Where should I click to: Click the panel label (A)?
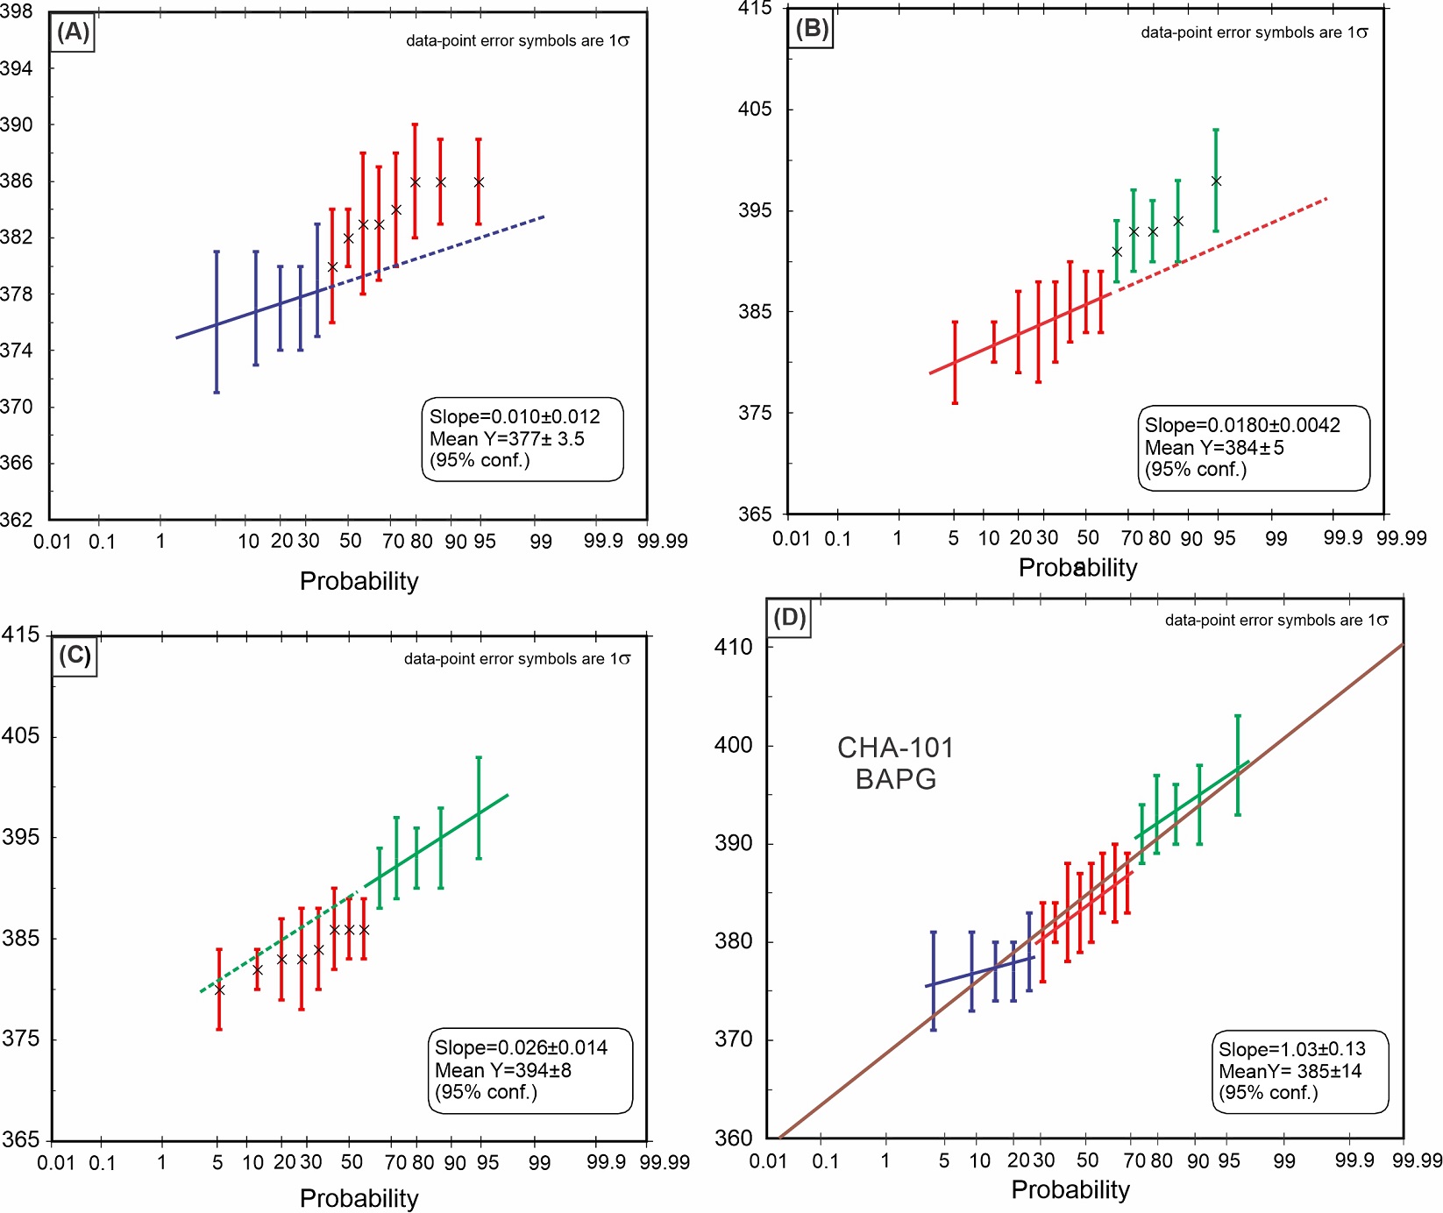pos(74,32)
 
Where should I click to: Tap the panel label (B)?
pos(812,29)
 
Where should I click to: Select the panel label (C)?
pos(75,656)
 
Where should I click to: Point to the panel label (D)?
pos(789,618)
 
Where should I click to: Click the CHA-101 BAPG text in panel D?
pos(895,763)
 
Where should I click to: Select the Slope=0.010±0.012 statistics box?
pos(522,439)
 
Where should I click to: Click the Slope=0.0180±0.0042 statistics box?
pos(1253,447)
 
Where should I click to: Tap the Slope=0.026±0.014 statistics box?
pos(530,1070)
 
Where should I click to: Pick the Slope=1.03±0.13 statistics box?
pos(1300,1071)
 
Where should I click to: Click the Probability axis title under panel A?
pos(359,581)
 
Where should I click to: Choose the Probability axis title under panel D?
pos(1070,1189)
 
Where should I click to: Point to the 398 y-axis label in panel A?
pos(17,12)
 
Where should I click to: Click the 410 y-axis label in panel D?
pos(733,647)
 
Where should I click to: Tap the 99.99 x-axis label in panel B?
pos(1401,538)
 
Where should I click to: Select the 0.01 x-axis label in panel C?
pos(56,1163)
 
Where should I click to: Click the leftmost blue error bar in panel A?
pos(217,322)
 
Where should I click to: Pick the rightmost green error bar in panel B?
pos(1216,181)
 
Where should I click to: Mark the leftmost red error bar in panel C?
pos(219,990)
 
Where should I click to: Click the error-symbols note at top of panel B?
pos(1254,32)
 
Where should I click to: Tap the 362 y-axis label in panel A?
pos(17,519)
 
